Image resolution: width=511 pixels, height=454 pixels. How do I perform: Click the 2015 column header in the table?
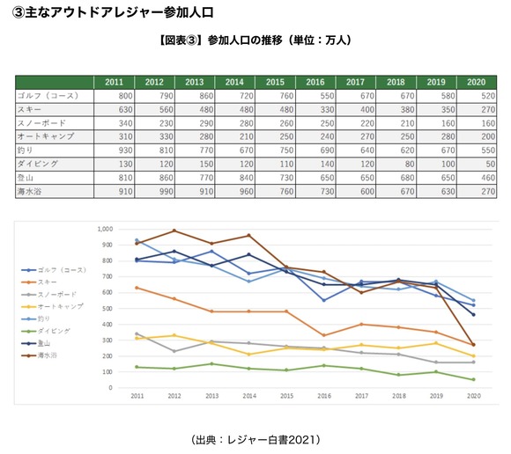pos(274,82)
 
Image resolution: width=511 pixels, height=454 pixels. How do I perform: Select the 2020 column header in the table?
pos(476,82)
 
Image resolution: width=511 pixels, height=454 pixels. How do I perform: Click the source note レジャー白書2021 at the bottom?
pos(255,438)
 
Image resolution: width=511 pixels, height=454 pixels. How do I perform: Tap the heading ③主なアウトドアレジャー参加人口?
pos(112,11)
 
